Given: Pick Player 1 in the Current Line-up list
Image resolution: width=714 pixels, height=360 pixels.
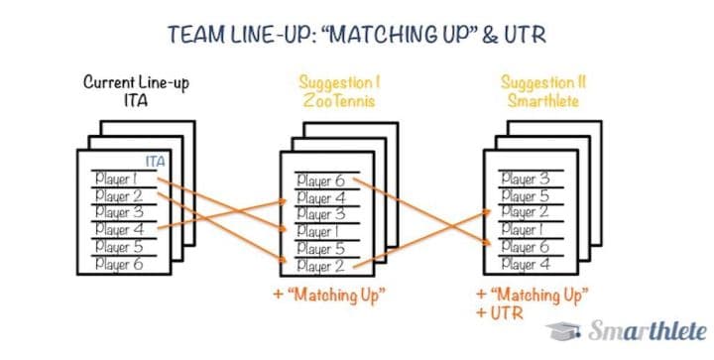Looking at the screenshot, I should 117,179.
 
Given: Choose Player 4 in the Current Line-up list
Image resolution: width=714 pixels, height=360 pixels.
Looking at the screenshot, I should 117,229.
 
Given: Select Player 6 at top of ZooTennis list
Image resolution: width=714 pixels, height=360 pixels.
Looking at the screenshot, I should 319,180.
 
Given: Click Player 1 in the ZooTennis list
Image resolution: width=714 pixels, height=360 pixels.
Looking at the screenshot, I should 319,231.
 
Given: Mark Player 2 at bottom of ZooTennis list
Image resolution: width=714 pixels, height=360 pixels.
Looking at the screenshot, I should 319,266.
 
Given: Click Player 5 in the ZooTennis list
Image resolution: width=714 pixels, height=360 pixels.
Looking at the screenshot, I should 319,249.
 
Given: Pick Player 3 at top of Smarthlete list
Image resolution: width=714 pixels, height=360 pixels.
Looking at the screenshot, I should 524,179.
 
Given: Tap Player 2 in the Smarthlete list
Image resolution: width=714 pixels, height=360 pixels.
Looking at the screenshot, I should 524,212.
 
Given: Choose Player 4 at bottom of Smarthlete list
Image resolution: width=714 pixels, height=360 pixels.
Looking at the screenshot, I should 524,264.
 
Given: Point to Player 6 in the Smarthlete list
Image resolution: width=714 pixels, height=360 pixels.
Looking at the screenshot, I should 524,247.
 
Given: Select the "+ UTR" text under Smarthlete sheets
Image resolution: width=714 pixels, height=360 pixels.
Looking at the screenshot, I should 497,313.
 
